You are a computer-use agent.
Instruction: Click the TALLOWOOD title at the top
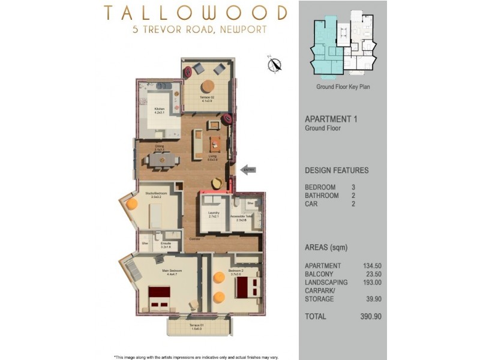point(195,13)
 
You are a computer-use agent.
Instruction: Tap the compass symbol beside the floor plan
point(275,64)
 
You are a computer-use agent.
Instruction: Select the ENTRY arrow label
point(248,170)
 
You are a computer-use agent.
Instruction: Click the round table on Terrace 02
point(208,85)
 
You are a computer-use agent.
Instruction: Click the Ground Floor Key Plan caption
point(343,87)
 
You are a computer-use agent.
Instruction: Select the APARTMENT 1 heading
point(331,119)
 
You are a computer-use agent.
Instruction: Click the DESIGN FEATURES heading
point(337,170)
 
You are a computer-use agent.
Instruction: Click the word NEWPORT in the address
point(243,29)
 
